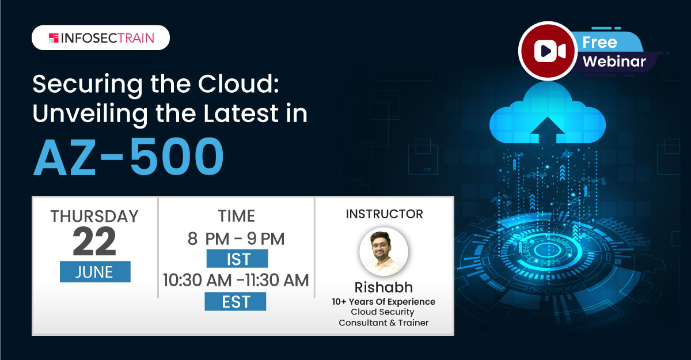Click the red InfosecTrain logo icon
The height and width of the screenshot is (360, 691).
click(54, 37)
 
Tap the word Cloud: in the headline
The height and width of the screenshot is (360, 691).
click(238, 84)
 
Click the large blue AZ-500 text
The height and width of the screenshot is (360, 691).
click(128, 157)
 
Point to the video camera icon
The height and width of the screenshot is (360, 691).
click(549, 51)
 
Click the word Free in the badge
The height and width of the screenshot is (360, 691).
click(599, 43)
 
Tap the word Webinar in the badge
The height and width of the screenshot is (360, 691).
click(614, 61)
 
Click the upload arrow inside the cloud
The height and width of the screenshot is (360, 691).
click(547, 130)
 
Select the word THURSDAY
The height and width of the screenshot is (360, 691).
click(94, 216)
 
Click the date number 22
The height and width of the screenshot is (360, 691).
click(94, 241)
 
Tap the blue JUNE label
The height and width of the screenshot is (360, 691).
click(95, 272)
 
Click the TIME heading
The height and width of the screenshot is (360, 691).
click(236, 215)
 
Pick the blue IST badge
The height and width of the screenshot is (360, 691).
click(237, 259)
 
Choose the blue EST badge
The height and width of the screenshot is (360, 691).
click(236, 301)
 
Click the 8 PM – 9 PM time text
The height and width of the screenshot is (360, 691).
click(236, 238)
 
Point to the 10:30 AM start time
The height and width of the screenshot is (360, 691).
click(198, 280)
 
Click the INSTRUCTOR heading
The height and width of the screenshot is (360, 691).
click(384, 214)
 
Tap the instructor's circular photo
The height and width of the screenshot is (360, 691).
click(384, 252)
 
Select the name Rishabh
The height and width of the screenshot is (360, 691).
click(384, 287)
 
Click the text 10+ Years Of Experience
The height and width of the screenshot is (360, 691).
click(384, 301)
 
